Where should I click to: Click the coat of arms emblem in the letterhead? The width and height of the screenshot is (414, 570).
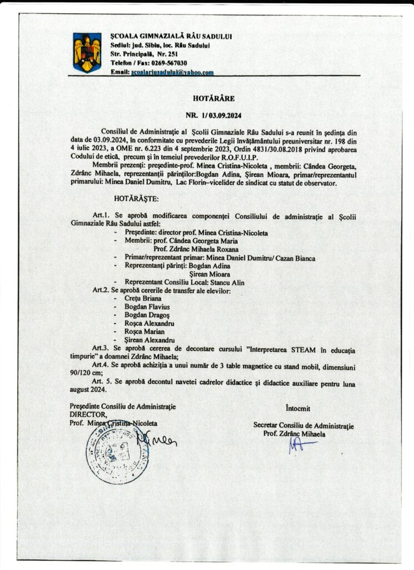click(x=87, y=52)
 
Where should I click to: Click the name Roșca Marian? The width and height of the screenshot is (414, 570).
click(x=145, y=332)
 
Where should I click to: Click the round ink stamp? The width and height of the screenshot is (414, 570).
click(x=117, y=451)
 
